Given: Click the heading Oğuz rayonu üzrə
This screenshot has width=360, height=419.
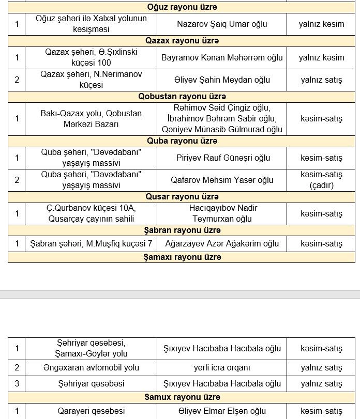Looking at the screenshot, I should click(x=182, y=7).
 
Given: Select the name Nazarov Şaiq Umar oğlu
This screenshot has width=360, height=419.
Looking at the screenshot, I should click(x=221, y=24).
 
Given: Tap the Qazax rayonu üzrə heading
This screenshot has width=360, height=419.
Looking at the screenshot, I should click(x=182, y=41).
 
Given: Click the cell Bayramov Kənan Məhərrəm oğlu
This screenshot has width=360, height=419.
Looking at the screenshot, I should click(x=222, y=57).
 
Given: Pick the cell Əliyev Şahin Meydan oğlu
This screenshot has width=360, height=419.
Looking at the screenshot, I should click(x=222, y=80).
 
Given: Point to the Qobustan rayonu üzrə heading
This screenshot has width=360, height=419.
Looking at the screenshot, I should click(x=182, y=97).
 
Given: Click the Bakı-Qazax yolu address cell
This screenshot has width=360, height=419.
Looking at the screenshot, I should click(x=91, y=118).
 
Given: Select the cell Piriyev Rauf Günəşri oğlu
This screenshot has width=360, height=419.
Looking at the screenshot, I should click(x=222, y=158).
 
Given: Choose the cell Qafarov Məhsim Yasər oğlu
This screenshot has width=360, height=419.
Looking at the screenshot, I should click(x=222, y=180).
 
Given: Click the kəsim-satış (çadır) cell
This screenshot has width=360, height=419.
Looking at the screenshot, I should click(x=321, y=180).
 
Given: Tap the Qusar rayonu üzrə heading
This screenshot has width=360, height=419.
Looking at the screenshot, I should click(x=182, y=197).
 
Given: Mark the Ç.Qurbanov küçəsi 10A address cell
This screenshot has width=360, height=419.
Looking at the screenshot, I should click(x=91, y=213).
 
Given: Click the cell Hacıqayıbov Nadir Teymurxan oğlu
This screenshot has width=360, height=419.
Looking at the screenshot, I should click(x=222, y=213).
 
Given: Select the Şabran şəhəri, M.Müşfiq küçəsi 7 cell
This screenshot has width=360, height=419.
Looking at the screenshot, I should click(x=91, y=243).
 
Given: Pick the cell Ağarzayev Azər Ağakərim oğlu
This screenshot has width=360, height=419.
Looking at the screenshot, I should click(x=222, y=243).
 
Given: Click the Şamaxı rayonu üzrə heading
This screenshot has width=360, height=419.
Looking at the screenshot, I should click(x=182, y=257).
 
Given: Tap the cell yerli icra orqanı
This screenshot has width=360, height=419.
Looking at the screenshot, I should click(x=222, y=368).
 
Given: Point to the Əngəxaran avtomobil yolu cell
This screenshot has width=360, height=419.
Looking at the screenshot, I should click(x=91, y=368).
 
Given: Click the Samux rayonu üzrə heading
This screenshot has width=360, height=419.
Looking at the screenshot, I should click(x=182, y=397).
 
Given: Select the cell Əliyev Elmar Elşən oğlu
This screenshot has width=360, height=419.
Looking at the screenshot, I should click(x=222, y=411).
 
